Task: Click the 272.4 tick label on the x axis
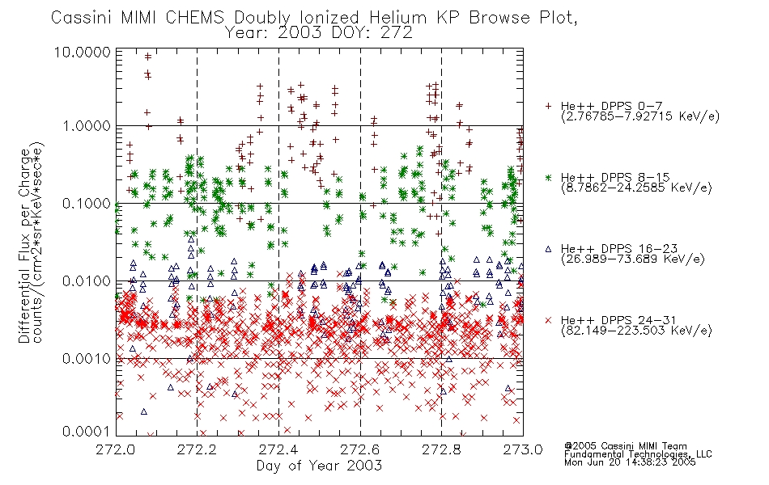click(278, 449)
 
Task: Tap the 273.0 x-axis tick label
click(523, 449)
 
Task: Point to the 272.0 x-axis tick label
click(115, 449)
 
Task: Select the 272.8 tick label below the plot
click(441, 449)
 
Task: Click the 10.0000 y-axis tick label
click(82, 52)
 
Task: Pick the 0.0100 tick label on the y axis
click(87, 281)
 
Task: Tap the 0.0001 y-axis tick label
click(87, 431)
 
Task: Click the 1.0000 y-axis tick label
click(87, 126)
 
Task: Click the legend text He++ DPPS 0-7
click(612, 107)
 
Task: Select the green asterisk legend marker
click(548, 177)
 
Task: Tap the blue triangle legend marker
click(548, 249)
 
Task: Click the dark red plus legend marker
click(548, 106)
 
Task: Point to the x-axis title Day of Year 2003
click(319, 466)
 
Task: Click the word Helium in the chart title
click(397, 18)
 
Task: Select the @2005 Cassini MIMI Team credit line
click(625, 446)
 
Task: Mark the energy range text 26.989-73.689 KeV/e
click(633, 259)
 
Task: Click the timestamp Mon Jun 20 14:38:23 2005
click(630, 462)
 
